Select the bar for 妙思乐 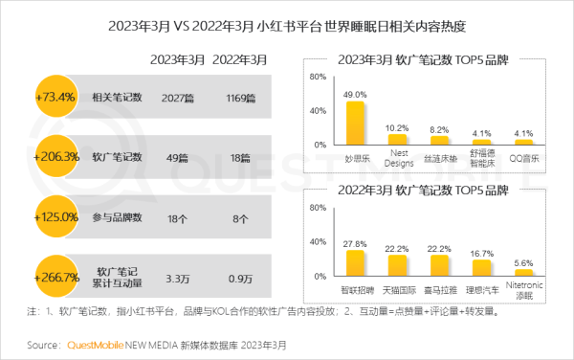[355, 123]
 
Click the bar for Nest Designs [397, 139]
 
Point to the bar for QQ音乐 [523, 142]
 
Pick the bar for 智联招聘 [355, 263]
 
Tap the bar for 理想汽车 [481, 268]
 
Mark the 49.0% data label [355, 95]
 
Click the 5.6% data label [523, 261]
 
